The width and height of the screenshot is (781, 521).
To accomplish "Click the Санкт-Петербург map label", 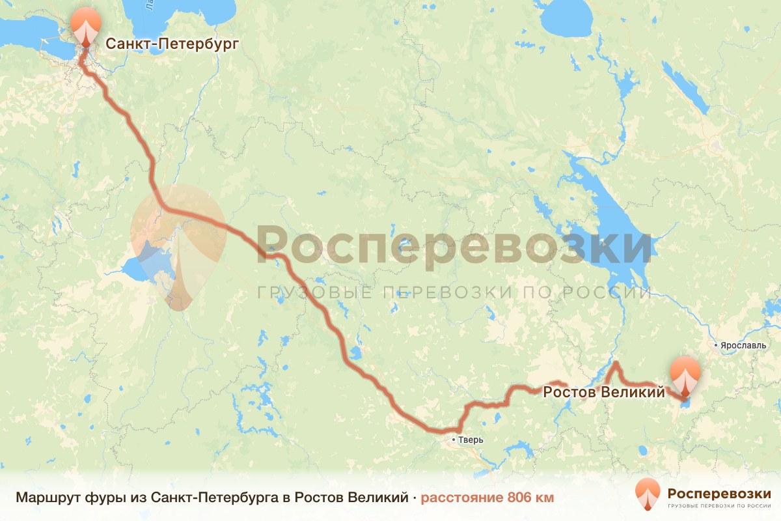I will [x=172, y=44].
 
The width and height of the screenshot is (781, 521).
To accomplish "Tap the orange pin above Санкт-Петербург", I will [x=85, y=25].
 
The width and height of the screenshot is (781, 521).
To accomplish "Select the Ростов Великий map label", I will [x=604, y=392].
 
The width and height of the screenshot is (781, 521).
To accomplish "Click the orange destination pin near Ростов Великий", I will [x=685, y=374].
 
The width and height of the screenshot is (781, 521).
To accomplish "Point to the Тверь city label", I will [x=472, y=440].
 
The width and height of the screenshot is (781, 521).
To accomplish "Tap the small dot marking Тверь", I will [x=455, y=440].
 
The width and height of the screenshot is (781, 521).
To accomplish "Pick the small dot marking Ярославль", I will [x=716, y=345].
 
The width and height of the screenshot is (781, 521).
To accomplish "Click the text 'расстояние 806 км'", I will [x=487, y=498].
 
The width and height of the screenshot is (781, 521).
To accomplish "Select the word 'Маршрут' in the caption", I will [x=48, y=498].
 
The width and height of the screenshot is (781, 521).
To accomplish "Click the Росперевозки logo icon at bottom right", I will [x=647, y=494].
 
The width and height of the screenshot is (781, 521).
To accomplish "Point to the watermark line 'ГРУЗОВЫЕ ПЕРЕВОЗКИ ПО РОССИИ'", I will [x=454, y=292].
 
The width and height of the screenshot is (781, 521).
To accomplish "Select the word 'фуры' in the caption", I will [x=102, y=498].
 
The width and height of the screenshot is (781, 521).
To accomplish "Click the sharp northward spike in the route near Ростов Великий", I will [x=615, y=363].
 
